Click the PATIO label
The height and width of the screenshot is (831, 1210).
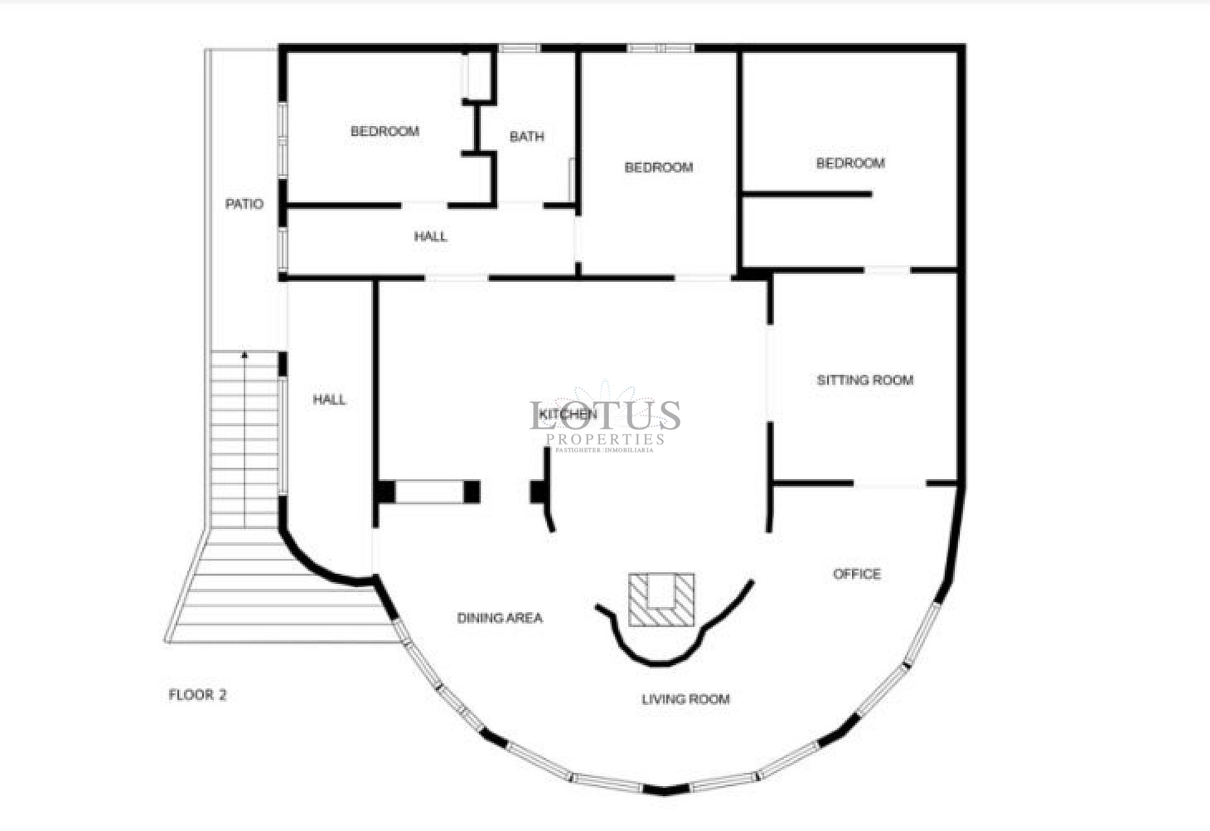(244, 204)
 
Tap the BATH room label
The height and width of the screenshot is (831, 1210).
(526, 136)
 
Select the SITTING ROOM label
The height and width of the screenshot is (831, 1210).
(865, 380)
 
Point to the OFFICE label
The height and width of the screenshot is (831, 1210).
(856, 574)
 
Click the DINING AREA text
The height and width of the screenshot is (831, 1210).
(500, 618)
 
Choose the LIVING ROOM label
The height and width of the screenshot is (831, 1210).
(686, 699)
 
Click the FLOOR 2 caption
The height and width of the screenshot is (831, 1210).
(197, 695)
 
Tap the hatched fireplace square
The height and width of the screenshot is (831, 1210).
(661, 600)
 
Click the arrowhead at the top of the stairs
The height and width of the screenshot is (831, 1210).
(245, 356)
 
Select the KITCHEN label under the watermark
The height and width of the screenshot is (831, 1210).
(567, 414)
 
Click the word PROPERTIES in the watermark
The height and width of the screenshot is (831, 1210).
(605, 439)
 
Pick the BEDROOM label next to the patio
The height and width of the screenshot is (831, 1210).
(384, 131)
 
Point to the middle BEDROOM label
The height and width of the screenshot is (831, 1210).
(659, 167)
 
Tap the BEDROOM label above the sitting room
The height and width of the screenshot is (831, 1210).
(850, 163)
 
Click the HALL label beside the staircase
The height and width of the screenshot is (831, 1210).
(329, 399)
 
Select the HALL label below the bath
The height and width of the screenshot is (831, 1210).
(430, 236)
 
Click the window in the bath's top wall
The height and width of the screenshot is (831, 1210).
(519, 48)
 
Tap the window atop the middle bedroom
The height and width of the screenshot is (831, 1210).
(660, 48)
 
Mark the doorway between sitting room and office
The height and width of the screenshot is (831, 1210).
(889, 484)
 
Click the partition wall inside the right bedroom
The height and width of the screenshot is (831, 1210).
(807, 194)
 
